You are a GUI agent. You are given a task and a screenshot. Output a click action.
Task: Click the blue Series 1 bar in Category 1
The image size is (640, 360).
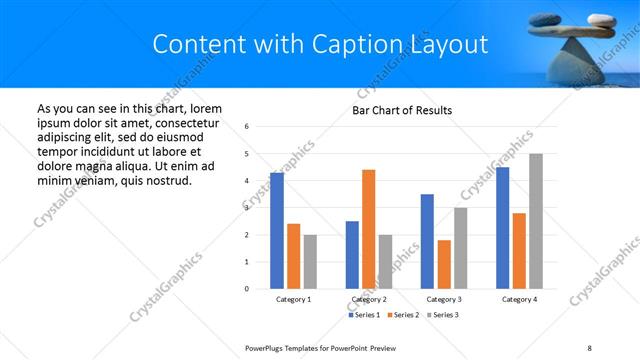(277, 230)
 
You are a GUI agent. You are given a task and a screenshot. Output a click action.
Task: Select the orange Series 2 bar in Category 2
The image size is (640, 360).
(368, 229)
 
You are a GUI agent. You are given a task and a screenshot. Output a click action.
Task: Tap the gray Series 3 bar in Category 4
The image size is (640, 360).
(536, 221)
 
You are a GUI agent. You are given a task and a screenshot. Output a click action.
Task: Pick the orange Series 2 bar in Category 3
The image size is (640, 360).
(444, 264)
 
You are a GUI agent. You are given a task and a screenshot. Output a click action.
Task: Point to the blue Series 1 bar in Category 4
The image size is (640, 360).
(502, 228)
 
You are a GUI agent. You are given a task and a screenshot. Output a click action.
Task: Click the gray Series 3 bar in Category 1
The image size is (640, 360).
(310, 261)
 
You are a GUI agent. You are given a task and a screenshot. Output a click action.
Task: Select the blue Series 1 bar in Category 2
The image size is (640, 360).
(352, 254)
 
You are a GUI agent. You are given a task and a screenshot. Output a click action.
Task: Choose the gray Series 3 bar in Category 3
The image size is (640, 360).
(460, 248)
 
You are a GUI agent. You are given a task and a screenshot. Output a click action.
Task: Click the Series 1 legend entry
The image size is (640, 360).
(364, 315)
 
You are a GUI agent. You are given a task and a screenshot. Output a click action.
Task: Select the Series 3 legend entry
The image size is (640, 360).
(444, 315)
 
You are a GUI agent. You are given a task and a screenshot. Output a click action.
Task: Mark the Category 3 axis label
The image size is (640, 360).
(444, 299)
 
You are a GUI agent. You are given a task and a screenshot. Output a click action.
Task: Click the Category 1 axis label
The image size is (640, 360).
(293, 299)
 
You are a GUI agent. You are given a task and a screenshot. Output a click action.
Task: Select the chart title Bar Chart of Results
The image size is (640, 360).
(402, 110)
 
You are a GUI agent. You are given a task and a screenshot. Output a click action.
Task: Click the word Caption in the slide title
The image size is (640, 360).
(368, 44)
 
